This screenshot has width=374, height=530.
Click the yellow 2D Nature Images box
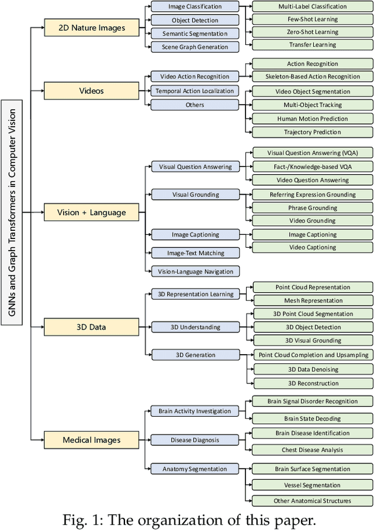point(92,27)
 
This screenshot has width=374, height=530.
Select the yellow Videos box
point(92,91)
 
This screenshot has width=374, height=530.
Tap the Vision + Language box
point(92,213)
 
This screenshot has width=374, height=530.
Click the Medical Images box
point(92,439)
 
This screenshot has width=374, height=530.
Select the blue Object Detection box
point(195,20)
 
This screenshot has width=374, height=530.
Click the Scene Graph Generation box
point(195,47)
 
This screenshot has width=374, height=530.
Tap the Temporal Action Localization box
point(195,91)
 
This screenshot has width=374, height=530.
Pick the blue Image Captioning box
point(195,235)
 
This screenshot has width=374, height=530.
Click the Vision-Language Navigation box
point(195,271)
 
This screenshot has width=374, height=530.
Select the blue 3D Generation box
point(195,355)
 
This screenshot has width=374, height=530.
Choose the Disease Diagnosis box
point(194,439)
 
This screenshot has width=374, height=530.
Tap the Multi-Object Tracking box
point(313,105)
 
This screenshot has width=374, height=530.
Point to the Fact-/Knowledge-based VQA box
point(313,167)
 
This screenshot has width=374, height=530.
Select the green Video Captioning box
point(313,247)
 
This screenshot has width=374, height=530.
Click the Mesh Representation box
point(313,300)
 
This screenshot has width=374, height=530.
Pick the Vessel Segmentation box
point(313,485)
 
